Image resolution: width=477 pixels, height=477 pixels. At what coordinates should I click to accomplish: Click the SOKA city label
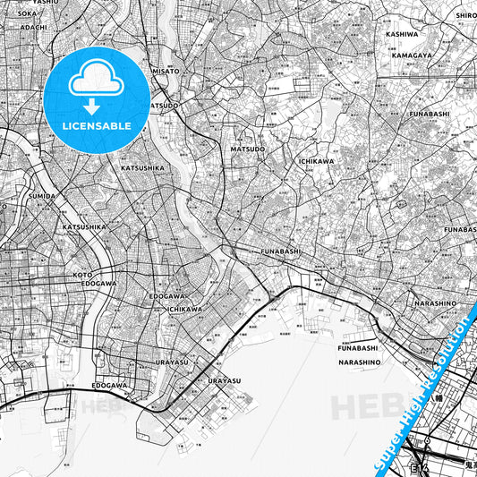pos(27,14)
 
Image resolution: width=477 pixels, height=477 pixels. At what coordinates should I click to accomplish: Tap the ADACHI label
pos(33,28)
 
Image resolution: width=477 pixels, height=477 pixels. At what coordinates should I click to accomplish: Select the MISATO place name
pos(165,71)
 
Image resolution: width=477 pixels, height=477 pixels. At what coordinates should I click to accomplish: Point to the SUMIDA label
pos(42,195)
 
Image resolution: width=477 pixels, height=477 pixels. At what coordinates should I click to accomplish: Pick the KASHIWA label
pos(402,34)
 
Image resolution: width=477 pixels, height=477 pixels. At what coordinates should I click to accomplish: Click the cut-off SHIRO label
pos(465,14)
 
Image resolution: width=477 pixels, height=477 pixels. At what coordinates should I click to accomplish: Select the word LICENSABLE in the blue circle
pos(97,126)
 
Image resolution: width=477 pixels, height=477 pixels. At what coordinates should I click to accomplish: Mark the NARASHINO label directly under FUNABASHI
pos(361,362)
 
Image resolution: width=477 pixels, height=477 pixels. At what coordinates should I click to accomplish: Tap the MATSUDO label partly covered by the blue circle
pos(164,105)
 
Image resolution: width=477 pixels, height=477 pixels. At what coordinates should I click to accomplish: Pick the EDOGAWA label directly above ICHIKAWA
pos(167,296)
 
